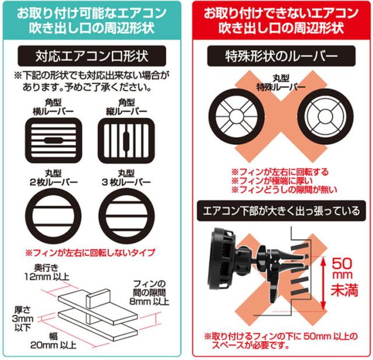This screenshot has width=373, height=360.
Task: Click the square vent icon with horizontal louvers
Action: tap(54, 141)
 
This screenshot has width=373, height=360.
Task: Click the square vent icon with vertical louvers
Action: tap(126, 141)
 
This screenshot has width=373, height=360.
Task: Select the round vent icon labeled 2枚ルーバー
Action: tap(54, 216)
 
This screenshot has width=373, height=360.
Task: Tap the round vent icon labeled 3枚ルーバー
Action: tap(126, 216)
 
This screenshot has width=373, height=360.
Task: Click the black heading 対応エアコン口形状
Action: tap(92, 56)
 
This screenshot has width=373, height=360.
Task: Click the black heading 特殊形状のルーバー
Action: tap(281, 56)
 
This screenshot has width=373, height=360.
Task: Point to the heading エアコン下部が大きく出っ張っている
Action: tap(281, 211)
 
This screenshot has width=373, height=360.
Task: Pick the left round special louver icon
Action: tap(237, 117)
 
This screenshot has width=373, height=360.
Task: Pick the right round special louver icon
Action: tap(325, 117)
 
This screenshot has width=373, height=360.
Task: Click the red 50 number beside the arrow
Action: tap(342, 263)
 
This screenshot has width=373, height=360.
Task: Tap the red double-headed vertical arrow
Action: tap(323, 284)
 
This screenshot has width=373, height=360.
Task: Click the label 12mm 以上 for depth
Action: tap(47, 277)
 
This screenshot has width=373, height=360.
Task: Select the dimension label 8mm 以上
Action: tap(149, 302)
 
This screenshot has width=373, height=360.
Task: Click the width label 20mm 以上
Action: tap(53, 345)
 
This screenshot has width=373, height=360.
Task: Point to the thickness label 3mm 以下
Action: tap(23, 319)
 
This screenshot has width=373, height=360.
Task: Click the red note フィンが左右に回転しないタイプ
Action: tap(90, 253)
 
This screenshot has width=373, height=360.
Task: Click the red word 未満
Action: tap(344, 290)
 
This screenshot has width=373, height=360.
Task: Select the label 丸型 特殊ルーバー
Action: tap(281, 83)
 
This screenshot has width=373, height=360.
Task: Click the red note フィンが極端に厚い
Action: tap(272, 181)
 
